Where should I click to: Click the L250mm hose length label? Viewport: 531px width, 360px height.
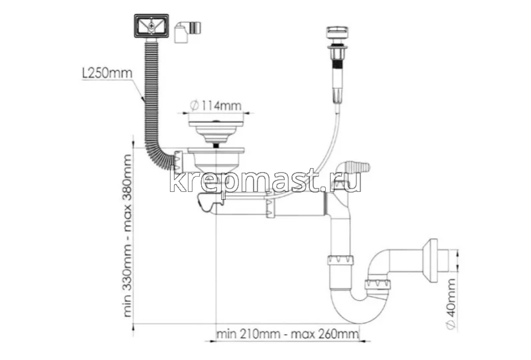[107, 73]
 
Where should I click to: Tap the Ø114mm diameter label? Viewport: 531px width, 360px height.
[216, 106]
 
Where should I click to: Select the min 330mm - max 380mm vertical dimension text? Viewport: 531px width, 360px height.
[127, 236]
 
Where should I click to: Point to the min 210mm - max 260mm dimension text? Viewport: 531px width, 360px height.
[287, 334]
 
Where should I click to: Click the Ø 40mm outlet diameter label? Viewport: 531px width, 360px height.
[451, 304]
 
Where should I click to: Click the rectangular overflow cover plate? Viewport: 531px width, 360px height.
[151, 26]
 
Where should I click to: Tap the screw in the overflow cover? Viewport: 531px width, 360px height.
[151, 26]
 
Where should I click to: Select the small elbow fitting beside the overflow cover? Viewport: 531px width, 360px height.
[187, 31]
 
